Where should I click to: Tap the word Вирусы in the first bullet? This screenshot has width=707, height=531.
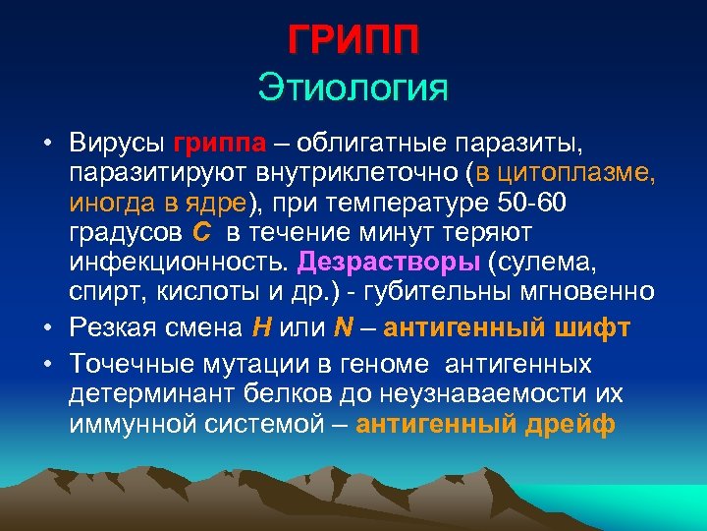tap(117, 144)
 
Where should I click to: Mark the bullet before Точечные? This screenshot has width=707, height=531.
tap(47, 363)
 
